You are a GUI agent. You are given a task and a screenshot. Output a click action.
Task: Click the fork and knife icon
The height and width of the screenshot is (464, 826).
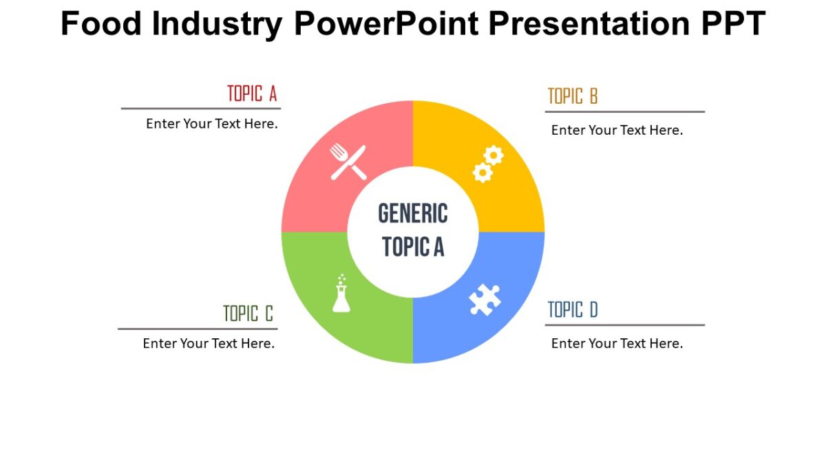348,162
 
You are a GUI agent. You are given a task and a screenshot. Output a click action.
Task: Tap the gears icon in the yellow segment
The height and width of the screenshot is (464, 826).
487,164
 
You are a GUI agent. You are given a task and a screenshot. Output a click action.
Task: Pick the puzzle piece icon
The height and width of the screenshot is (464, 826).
485,300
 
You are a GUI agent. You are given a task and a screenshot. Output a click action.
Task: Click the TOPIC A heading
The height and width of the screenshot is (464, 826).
252,94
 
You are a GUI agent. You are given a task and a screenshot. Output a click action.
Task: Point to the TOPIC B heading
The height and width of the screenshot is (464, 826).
573,97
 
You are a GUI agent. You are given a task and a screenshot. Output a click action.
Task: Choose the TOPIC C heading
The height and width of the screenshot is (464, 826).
248,314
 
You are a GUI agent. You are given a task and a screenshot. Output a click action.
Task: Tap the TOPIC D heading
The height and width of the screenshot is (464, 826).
573,311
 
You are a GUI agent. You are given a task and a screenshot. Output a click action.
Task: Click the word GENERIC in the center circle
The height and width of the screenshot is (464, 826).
413,214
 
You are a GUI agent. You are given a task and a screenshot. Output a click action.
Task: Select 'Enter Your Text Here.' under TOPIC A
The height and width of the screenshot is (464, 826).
212,124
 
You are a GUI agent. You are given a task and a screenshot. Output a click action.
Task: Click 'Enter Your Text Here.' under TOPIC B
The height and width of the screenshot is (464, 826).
617,130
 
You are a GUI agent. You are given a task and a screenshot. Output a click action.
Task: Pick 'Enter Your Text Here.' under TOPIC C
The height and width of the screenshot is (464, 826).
209,344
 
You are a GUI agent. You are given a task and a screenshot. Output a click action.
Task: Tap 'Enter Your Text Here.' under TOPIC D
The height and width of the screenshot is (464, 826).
617,344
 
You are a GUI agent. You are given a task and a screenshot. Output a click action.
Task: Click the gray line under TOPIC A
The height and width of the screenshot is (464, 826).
201,109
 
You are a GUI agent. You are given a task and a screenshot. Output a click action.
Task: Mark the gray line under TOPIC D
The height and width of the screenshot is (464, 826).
625,325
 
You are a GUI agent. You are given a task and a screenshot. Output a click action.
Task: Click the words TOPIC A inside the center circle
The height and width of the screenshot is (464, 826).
413,246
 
